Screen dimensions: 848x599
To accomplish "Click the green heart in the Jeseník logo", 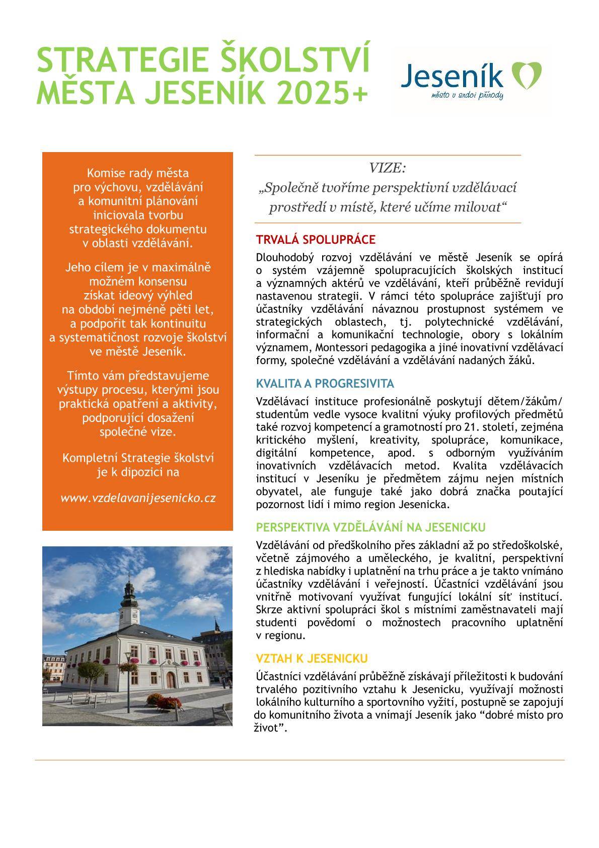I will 526,74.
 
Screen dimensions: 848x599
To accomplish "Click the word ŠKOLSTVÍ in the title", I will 296,59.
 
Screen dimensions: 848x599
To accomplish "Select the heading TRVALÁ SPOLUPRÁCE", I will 316,239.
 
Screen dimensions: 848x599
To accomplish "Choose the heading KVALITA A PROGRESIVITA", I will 325,384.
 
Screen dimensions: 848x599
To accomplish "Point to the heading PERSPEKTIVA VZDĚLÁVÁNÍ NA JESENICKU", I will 370,527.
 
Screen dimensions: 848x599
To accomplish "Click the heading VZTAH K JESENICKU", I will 312,658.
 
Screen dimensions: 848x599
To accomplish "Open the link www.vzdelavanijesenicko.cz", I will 138,498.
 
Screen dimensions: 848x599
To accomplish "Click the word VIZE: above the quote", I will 387,167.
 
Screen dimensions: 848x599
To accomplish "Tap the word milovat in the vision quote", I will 480,207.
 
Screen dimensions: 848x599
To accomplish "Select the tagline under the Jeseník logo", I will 468,95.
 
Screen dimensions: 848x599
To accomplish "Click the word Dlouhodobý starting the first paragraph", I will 283,257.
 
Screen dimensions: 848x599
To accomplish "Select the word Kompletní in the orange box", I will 89,458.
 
